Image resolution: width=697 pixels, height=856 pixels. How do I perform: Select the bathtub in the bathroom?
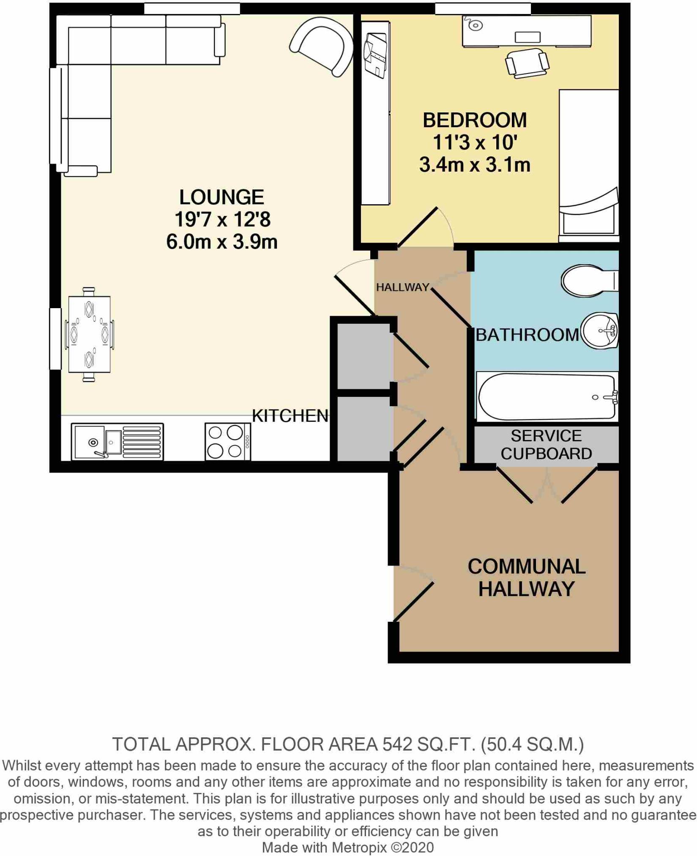(x=547, y=397)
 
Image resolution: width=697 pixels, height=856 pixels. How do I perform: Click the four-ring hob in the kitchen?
(x=227, y=442)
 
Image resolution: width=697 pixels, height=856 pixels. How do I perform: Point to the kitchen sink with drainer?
(x=117, y=442)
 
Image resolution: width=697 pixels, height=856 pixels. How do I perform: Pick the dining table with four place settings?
(x=89, y=334)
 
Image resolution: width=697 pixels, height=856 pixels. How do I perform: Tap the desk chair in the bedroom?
(x=527, y=63)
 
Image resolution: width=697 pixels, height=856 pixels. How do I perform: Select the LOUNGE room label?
(x=221, y=197)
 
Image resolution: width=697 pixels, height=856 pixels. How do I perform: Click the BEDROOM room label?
(x=475, y=120)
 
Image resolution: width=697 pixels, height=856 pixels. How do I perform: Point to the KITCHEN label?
(x=290, y=416)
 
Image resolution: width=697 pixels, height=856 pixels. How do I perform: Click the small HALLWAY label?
(x=402, y=287)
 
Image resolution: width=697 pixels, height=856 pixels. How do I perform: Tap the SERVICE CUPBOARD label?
(x=546, y=445)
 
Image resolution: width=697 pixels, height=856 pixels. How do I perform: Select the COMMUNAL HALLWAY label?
(x=527, y=577)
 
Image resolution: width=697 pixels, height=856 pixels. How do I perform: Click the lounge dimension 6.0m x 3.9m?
(x=221, y=242)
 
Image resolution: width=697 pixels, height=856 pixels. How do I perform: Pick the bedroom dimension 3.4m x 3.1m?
(x=475, y=165)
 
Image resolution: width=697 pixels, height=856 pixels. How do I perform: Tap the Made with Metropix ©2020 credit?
(x=348, y=847)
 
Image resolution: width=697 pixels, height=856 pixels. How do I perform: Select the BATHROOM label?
(x=527, y=335)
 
